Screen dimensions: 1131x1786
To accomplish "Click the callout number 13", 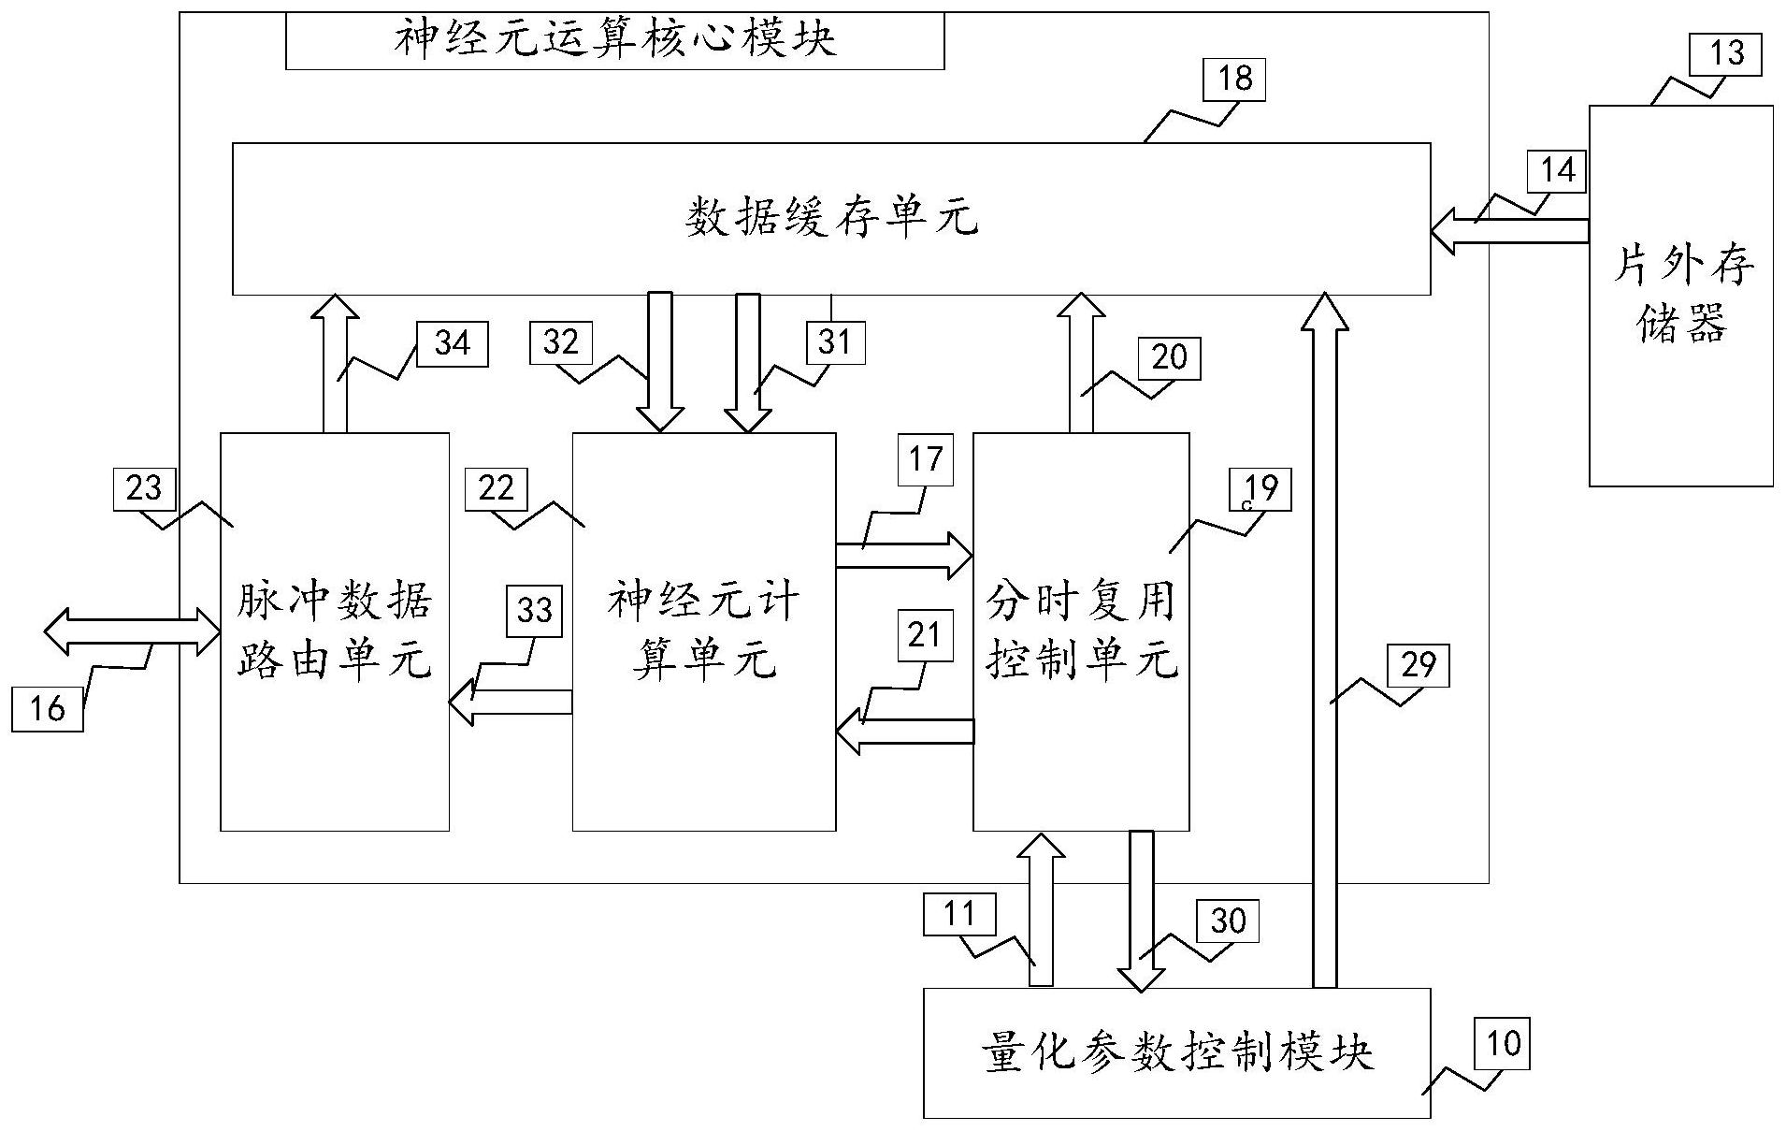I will coord(1726,54).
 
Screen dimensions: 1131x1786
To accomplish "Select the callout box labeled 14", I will coord(1557,171).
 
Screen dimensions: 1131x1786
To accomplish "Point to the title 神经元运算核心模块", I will coord(614,40).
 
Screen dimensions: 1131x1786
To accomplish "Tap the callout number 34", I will coord(452,343).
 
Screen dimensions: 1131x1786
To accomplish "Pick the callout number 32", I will coord(561,342).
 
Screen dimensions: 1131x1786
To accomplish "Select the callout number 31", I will coord(835,342).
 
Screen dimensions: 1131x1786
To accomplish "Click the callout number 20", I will coord(1169,357).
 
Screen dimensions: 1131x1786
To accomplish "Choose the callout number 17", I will coord(925,459).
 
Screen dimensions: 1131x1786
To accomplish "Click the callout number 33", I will coord(535,611).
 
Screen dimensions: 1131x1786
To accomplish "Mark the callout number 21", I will coord(924,635).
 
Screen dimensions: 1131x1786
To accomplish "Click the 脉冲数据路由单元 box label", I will coord(334,631).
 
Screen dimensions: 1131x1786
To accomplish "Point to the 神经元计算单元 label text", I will coord(703,631).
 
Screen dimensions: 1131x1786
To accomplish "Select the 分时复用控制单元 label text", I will coord(1081,631).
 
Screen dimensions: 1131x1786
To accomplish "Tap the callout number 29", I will coord(1419,665).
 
